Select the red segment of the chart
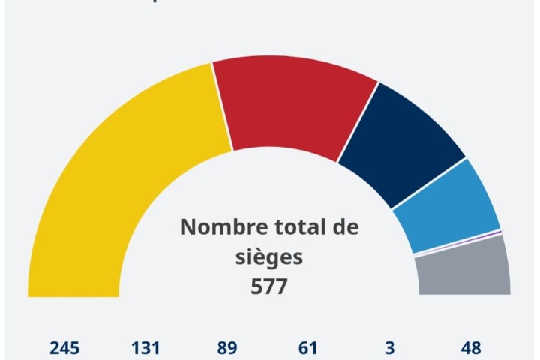296,105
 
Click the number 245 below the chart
65,348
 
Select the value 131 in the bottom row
145,348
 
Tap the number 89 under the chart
227,348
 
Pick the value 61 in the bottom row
307,348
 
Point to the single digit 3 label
389,348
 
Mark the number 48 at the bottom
470,348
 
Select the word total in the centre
294,227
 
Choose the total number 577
268,286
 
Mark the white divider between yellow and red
222,106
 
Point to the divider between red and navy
358,121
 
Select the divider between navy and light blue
429,183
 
